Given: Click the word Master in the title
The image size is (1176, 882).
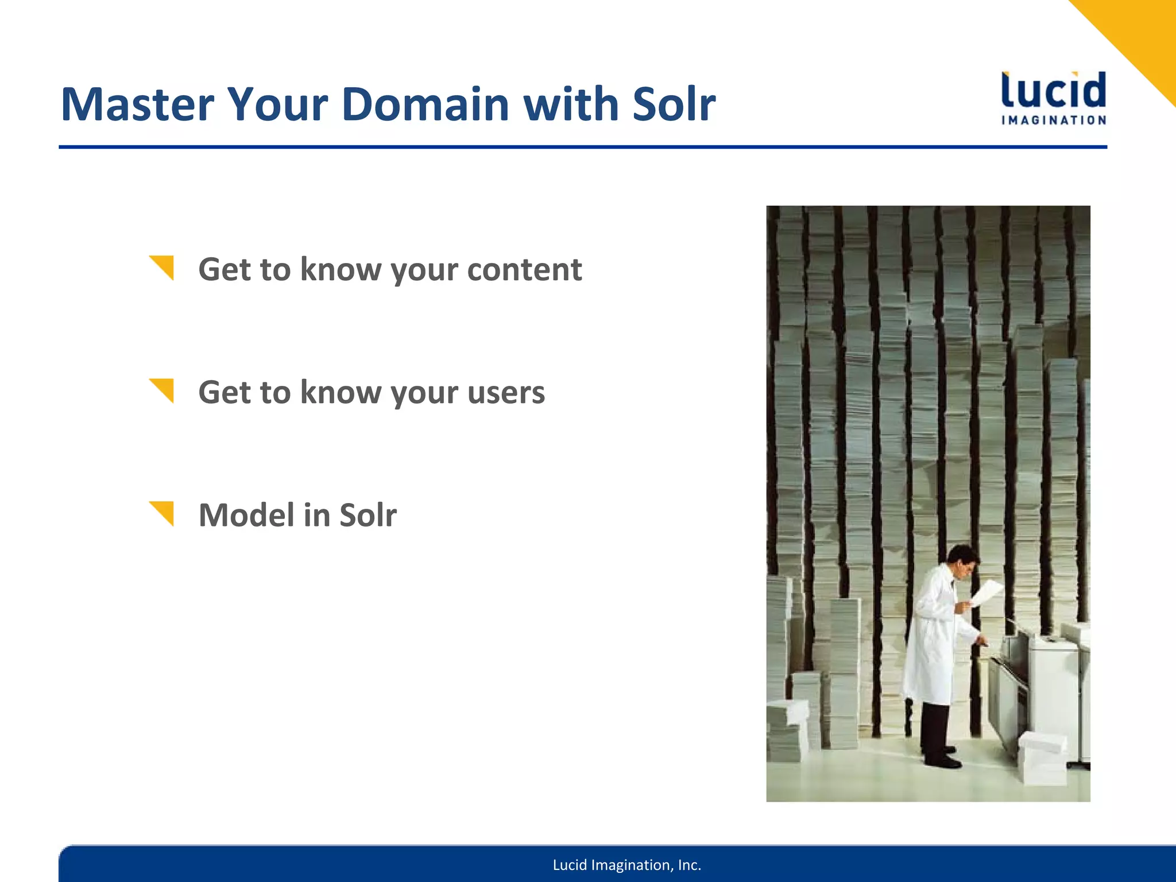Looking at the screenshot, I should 137,105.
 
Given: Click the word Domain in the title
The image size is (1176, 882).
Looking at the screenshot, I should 425,105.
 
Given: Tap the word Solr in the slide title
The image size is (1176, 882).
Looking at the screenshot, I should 674,105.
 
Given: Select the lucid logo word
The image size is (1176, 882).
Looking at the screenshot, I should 1053,91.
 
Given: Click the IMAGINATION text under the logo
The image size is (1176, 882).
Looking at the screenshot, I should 1053,121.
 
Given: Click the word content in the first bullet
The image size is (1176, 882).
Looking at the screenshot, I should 524,270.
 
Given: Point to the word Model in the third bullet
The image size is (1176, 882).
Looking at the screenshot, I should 246,515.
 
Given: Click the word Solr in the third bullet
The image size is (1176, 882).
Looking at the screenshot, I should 367,515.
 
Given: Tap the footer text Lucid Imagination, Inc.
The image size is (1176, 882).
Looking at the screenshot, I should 626,865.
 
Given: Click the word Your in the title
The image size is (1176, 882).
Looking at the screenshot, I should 277,105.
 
